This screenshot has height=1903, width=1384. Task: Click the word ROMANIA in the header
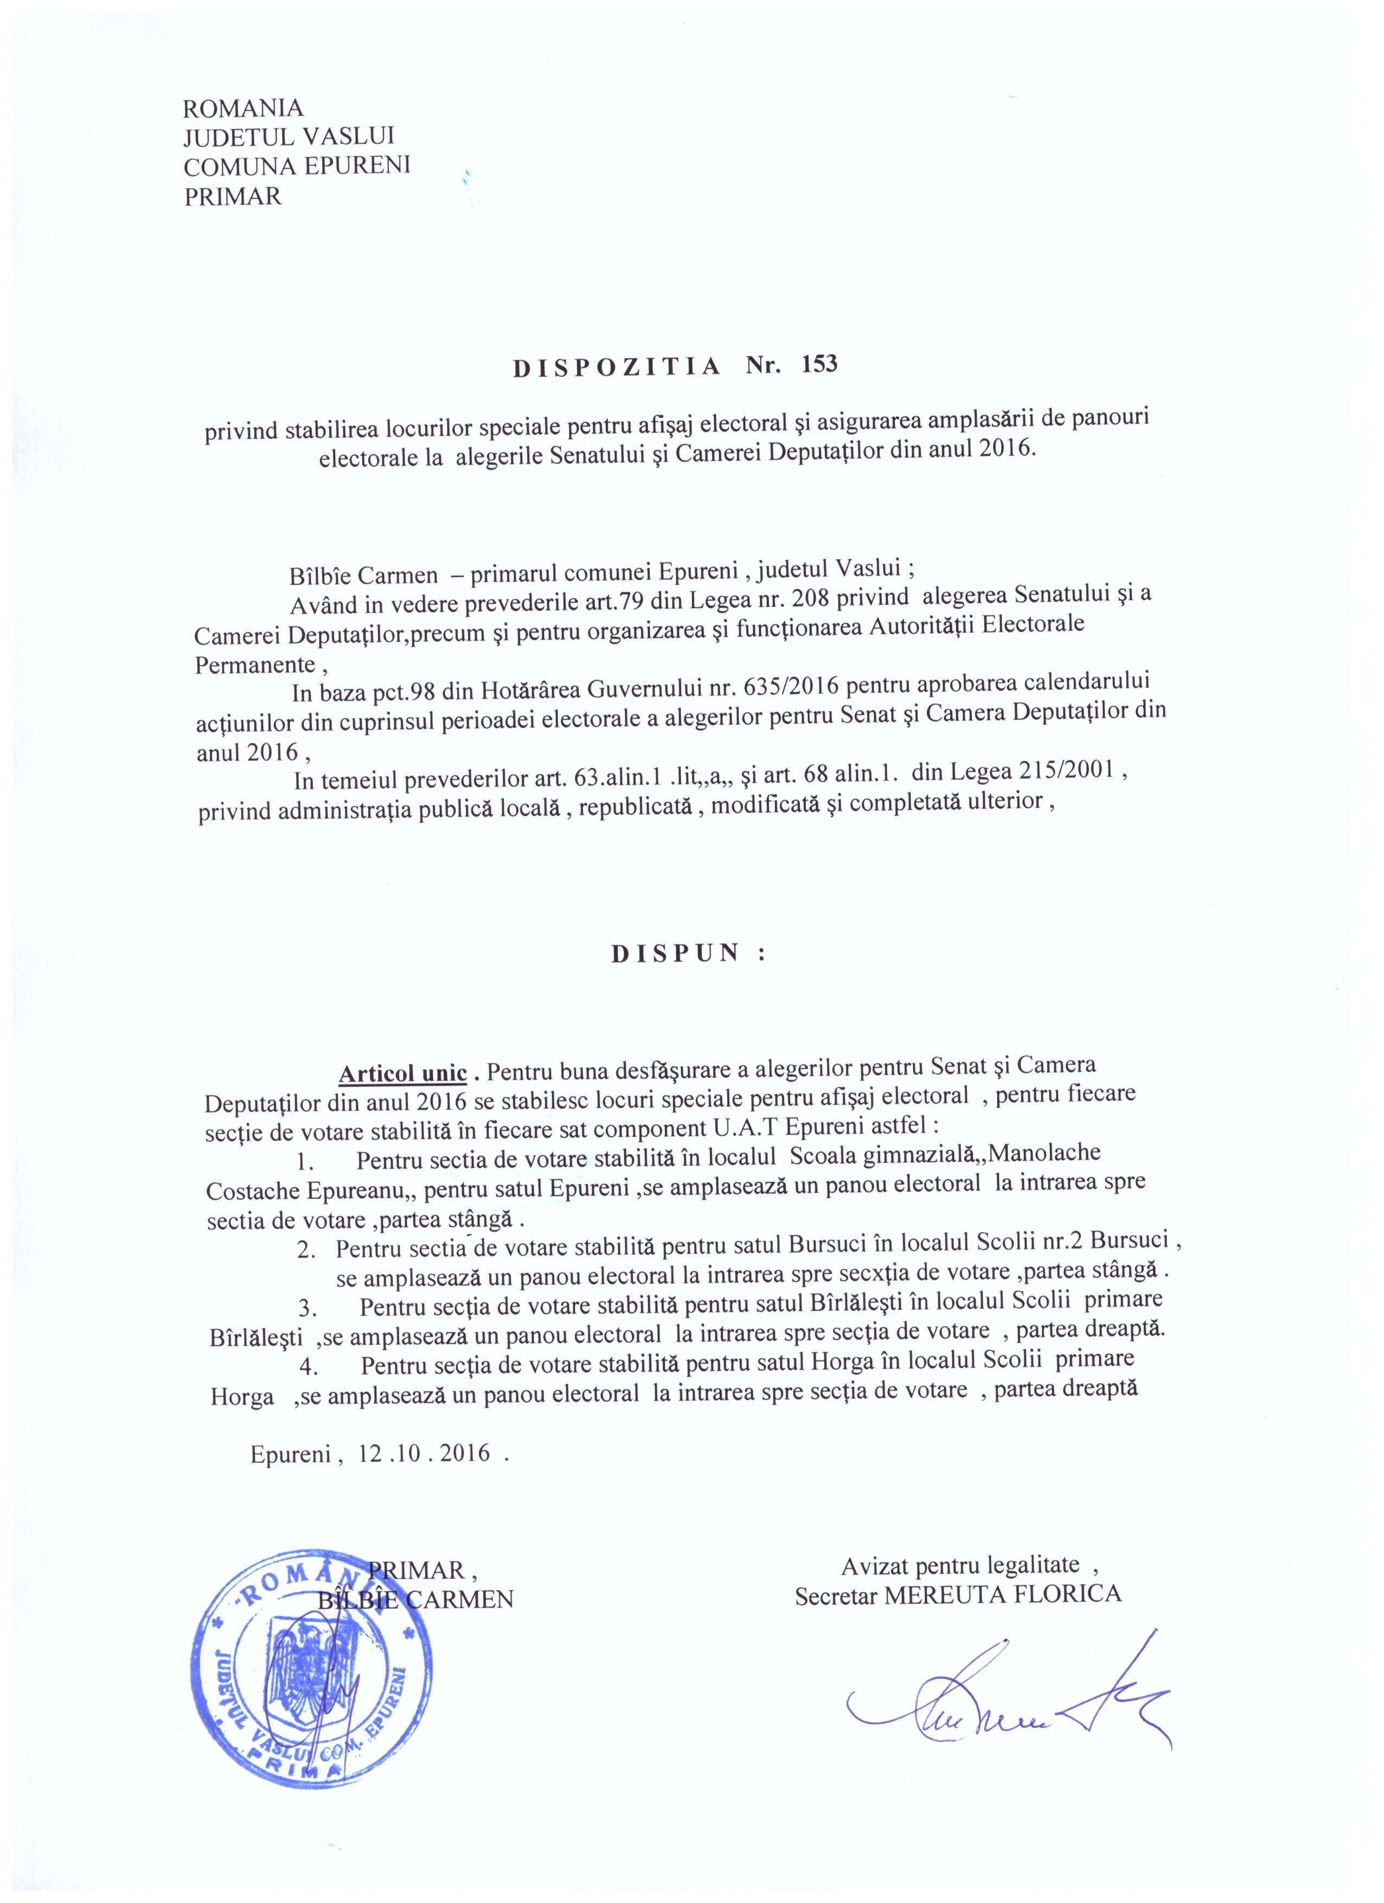point(242,108)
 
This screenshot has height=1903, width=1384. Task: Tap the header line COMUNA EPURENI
point(297,166)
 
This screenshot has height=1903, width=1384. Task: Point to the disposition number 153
point(819,364)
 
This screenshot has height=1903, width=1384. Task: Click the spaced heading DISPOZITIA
point(617,367)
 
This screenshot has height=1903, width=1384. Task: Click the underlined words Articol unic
point(402,1073)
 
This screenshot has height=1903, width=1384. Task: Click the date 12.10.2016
point(425,1454)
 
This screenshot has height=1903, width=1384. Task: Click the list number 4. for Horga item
point(306,1367)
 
